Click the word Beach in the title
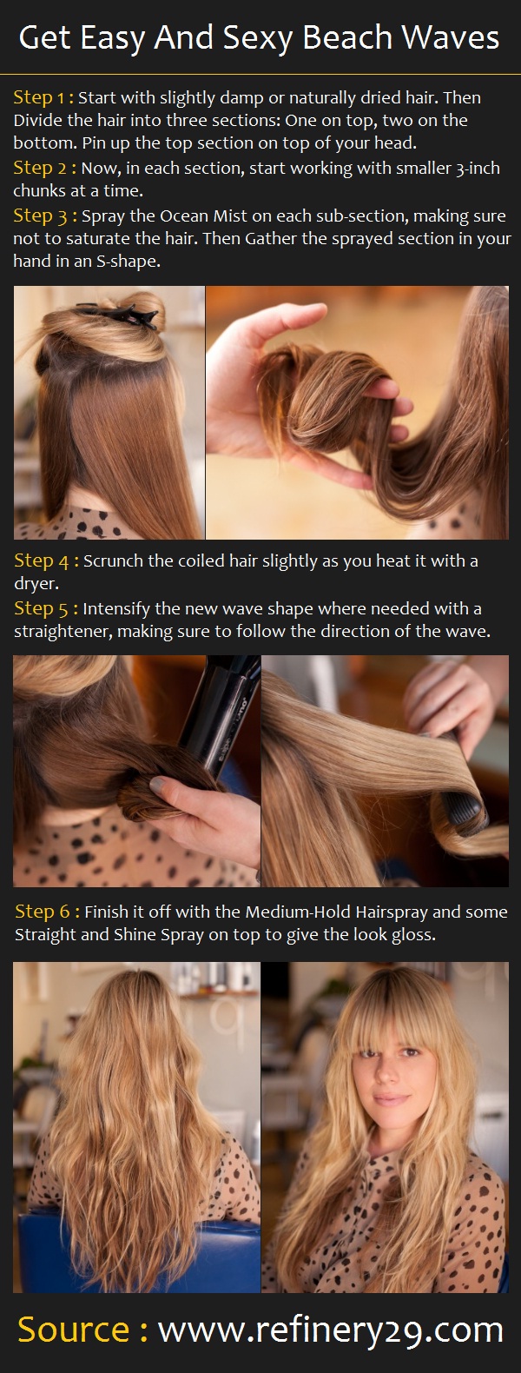pos(346,37)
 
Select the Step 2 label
pos(44,168)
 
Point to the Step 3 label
pos(45,216)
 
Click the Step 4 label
pos(47,560)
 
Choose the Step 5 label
pos(46,608)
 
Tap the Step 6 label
pos(47,912)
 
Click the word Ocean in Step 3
pos(184,216)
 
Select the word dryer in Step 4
pos(36,584)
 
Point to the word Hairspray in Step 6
pos(392,912)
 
